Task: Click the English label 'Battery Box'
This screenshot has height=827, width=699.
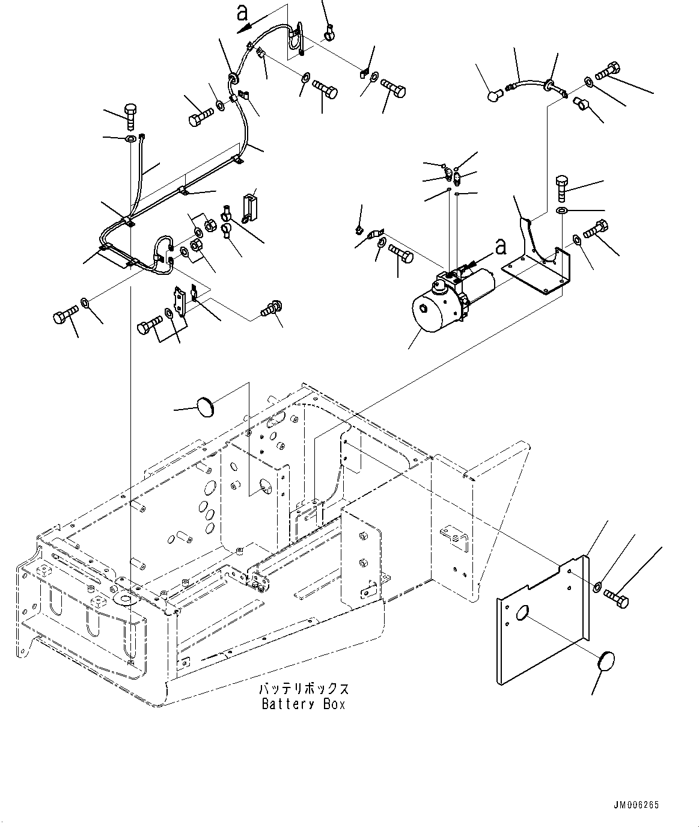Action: point(304,704)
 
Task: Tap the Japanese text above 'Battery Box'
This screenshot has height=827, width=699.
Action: point(304,689)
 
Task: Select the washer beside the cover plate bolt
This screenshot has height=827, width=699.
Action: point(597,587)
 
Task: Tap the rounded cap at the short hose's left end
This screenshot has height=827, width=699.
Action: point(495,94)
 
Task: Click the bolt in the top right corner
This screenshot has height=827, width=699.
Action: point(608,72)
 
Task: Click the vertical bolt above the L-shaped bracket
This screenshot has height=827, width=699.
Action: point(561,187)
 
